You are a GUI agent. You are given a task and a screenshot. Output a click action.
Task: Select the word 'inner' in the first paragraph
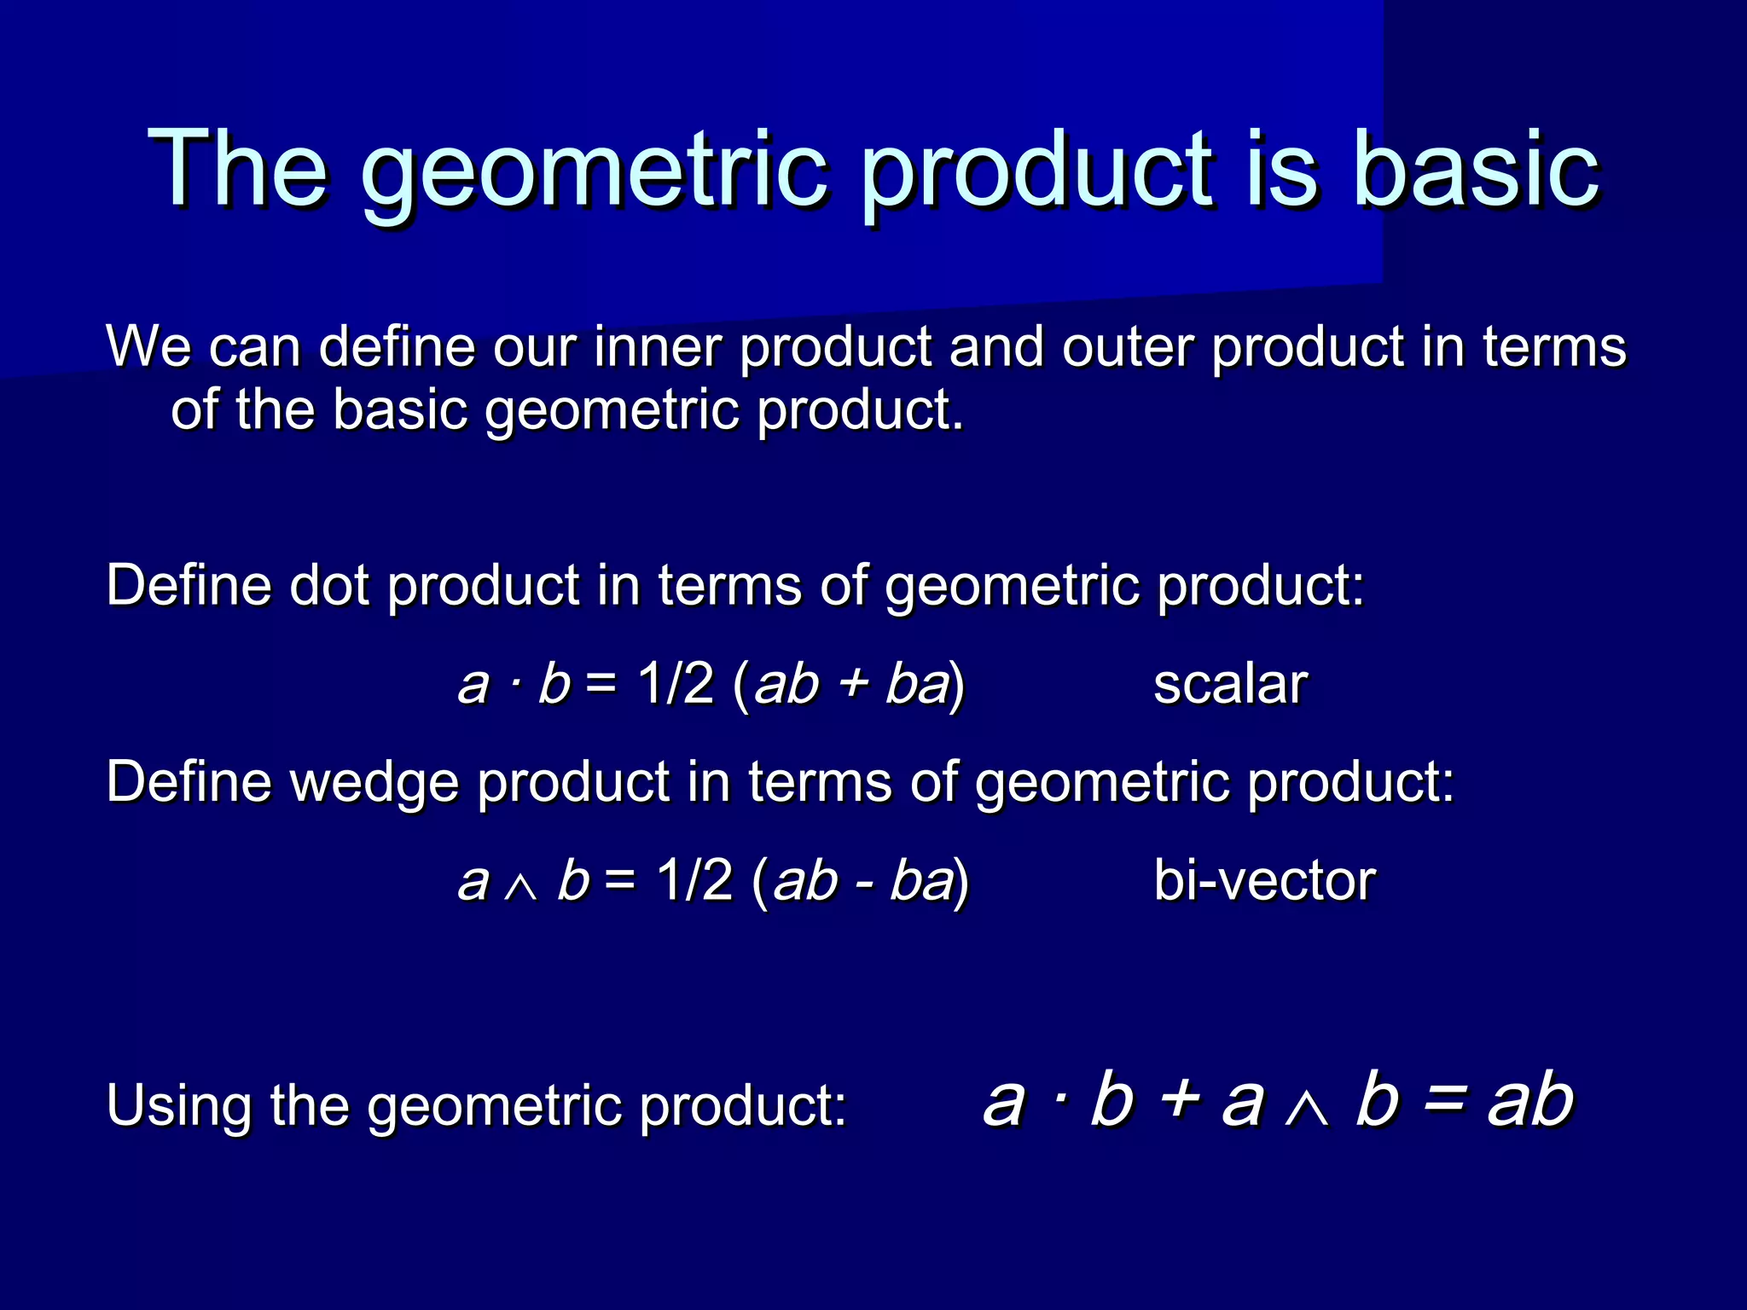pyautogui.click(x=658, y=347)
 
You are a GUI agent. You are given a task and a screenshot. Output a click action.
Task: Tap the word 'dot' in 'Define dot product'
pyautogui.click(x=329, y=586)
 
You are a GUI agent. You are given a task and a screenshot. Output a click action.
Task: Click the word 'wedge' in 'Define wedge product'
pyautogui.click(x=375, y=782)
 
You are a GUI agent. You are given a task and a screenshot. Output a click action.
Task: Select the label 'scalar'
pyautogui.click(x=1229, y=684)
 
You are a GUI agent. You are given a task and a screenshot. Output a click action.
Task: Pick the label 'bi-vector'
pyautogui.click(x=1263, y=880)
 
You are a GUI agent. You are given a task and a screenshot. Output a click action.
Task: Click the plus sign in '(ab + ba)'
pyautogui.click(x=852, y=685)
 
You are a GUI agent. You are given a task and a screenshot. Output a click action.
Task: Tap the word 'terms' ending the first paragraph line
pyautogui.click(x=1553, y=347)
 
